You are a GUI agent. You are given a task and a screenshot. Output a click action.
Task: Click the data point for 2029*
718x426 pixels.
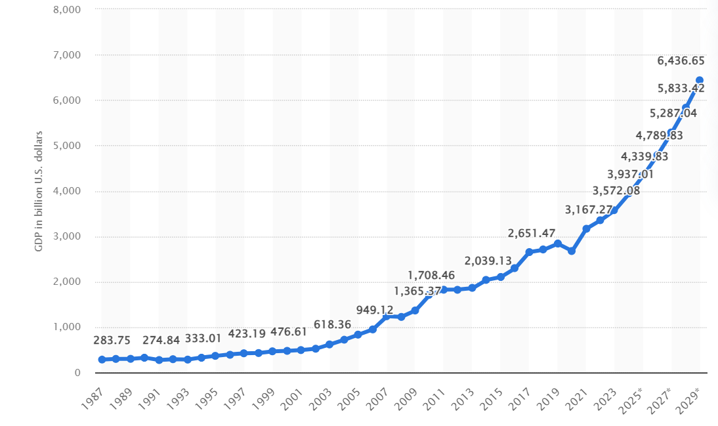pyautogui.click(x=699, y=80)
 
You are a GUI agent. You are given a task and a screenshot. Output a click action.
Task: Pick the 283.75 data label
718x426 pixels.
pyautogui.click(x=112, y=340)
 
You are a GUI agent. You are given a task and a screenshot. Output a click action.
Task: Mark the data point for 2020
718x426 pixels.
pyautogui.click(x=572, y=251)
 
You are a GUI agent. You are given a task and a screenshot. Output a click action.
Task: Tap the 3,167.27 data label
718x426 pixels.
pyautogui.click(x=589, y=210)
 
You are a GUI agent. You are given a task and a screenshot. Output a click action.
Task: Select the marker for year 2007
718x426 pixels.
pyautogui.click(x=387, y=316)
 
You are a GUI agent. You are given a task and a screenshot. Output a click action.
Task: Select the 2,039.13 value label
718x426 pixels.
pyautogui.click(x=489, y=261)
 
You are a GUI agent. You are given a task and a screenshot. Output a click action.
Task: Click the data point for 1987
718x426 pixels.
pyautogui.click(x=102, y=360)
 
